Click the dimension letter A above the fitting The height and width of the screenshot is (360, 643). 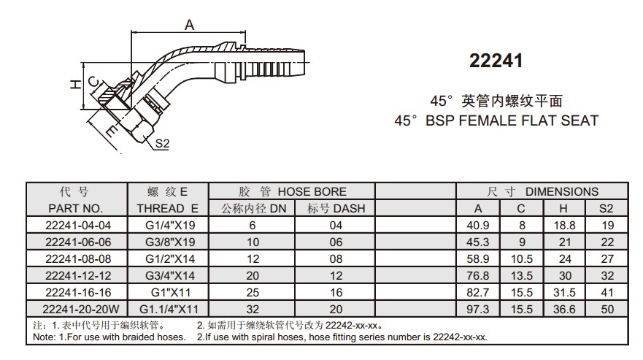click(x=189, y=25)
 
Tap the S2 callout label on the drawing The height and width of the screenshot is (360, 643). click(x=162, y=143)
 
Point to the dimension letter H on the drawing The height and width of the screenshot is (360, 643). click(x=75, y=85)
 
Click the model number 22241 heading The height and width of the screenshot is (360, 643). click(x=496, y=61)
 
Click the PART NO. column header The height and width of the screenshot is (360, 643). click(x=76, y=209)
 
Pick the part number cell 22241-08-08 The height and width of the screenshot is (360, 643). click(x=78, y=259)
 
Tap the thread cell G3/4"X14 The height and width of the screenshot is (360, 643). click(x=170, y=275)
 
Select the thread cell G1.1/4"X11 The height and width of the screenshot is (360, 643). click(x=169, y=309)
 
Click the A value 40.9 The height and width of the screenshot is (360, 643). click(x=478, y=226)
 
